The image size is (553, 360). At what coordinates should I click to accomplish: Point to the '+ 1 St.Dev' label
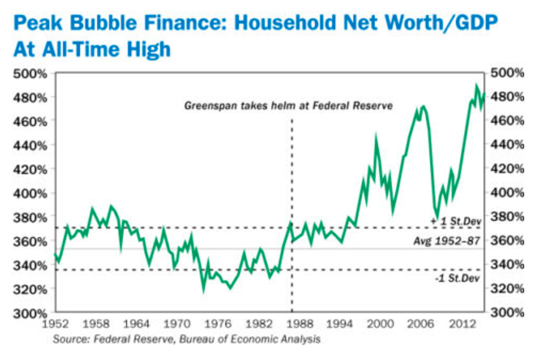455,221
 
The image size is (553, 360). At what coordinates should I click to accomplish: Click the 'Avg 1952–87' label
446,242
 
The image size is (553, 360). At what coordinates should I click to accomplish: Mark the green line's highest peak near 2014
476,85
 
